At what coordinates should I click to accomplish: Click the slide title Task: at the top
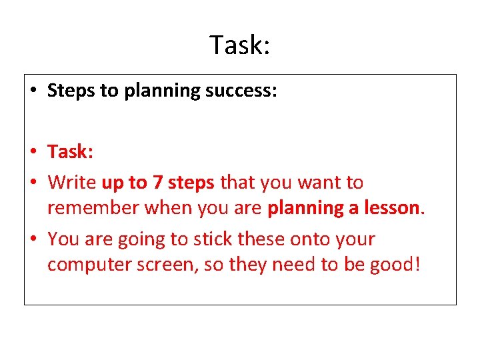pos(240,45)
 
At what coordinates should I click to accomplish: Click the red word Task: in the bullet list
pos(70,152)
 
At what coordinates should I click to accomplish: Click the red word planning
pos(304,209)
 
